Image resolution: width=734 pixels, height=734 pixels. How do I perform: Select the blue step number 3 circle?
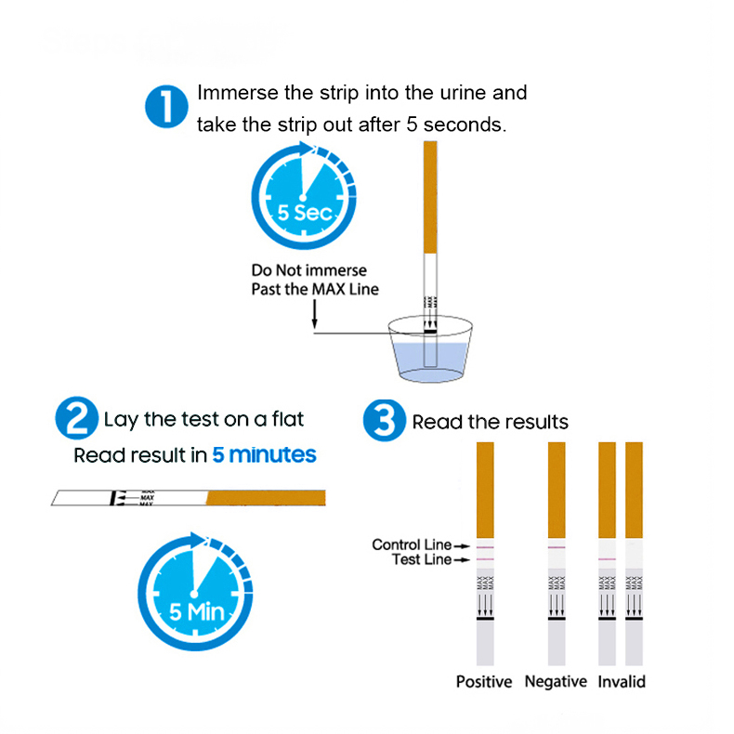coord(383,421)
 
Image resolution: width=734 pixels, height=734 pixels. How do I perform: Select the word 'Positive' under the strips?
coord(483,682)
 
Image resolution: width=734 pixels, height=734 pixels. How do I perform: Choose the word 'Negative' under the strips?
coord(556,682)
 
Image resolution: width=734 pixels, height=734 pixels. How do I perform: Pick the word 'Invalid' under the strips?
coord(622,682)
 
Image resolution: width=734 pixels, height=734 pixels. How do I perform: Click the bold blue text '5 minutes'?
coord(264,455)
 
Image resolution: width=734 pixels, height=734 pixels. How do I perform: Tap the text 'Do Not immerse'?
coord(308,270)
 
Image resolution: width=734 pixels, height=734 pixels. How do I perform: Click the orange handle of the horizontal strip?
coord(264,497)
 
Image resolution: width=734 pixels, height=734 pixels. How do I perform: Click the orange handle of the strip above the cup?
coord(428,196)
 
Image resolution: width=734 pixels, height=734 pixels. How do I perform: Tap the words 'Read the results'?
coord(490,423)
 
